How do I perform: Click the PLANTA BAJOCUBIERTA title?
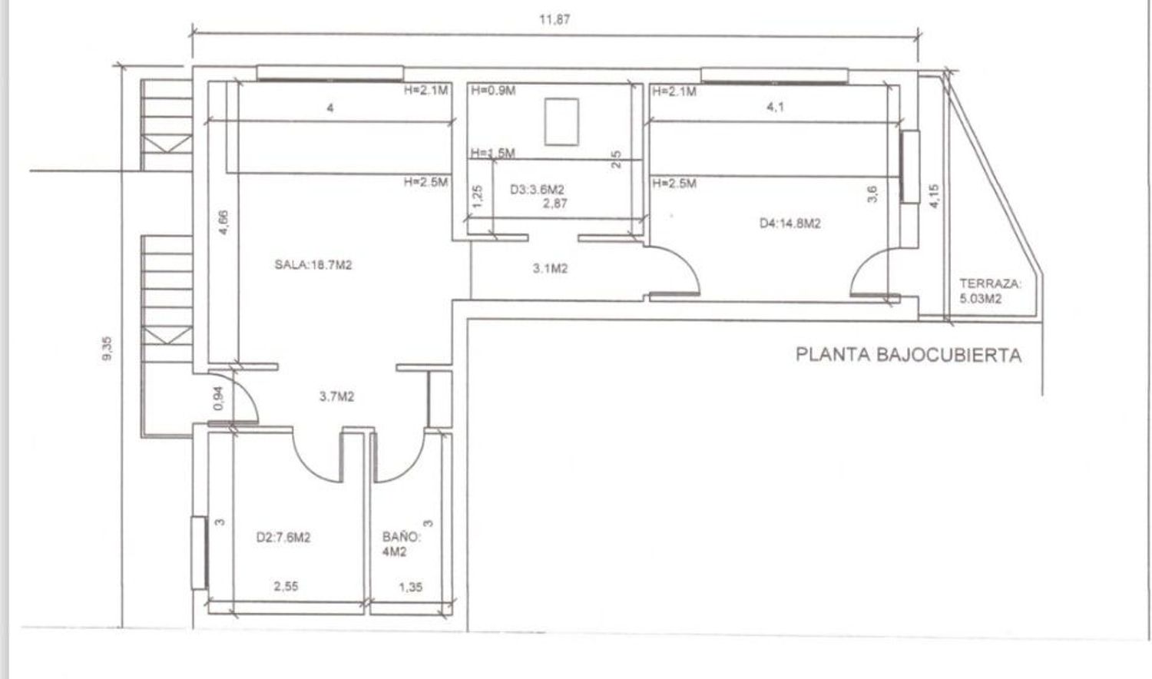(909, 356)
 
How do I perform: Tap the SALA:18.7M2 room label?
(313, 265)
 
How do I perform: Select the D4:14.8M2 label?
(790, 224)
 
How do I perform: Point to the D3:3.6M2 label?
(537, 189)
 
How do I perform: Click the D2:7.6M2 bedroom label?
(283, 538)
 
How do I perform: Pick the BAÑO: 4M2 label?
(401, 545)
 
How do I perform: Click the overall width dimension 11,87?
(554, 19)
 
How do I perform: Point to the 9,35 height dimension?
(108, 349)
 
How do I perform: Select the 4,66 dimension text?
(223, 223)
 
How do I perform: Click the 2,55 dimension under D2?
(286, 586)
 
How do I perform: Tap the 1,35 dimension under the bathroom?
(410, 587)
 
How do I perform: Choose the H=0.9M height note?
(493, 91)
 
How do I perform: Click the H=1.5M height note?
(493, 153)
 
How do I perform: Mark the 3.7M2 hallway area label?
(337, 396)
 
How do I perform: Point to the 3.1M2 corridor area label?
(551, 269)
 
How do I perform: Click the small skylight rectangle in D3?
(561, 122)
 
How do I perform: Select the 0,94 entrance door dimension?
(219, 398)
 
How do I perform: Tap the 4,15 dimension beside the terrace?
(935, 196)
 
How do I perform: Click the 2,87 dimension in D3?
(555, 204)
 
